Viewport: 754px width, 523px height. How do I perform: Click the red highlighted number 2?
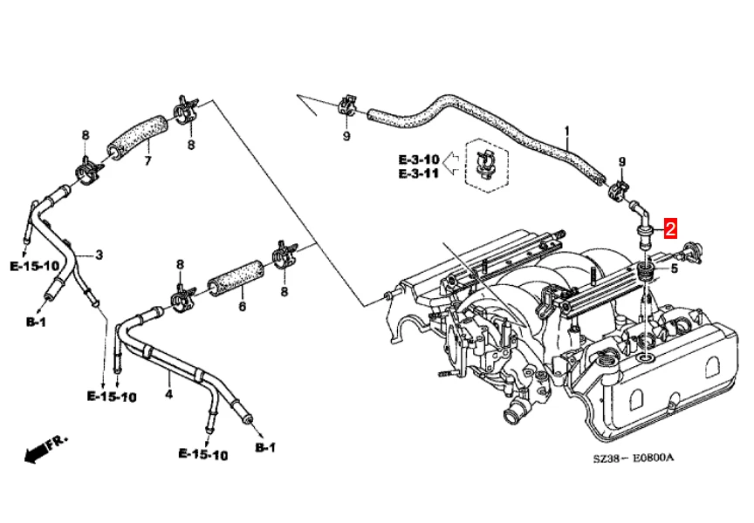[x=670, y=229]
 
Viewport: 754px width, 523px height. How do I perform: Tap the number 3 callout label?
[x=99, y=255]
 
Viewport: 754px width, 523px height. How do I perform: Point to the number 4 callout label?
[x=169, y=394]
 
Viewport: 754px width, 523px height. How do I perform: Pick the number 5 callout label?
[x=674, y=268]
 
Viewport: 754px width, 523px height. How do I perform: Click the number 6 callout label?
[x=242, y=307]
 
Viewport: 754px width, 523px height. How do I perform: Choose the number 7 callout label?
[x=147, y=161]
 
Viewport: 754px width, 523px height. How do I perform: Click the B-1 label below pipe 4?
[x=264, y=447]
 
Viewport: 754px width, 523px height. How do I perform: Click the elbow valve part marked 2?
[x=643, y=221]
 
